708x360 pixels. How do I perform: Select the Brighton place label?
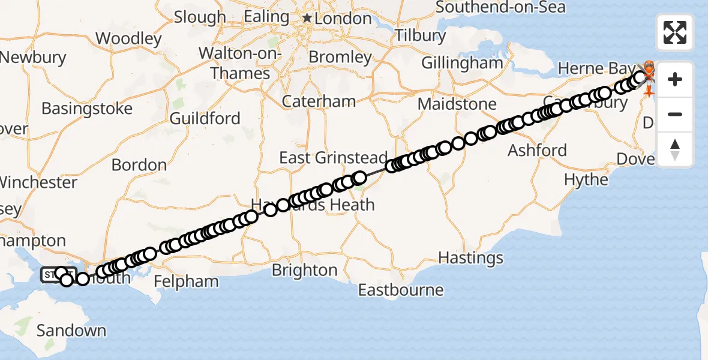(x=305, y=270)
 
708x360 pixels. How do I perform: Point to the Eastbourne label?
(x=401, y=290)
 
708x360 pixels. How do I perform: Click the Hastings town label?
(x=471, y=258)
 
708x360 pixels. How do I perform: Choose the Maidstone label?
(x=457, y=104)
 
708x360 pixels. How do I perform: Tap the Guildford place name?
(x=205, y=118)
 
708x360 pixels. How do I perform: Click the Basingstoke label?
(x=87, y=109)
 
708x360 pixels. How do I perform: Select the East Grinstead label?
(x=334, y=158)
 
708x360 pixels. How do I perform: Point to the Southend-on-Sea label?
(x=500, y=7)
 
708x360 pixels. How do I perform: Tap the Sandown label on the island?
(x=71, y=330)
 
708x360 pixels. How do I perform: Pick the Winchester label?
(x=38, y=182)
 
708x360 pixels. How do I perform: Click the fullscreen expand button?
(x=675, y=32)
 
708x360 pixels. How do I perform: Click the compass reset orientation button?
(x=675, y=149)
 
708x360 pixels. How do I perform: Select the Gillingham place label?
(x=462, y=62)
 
